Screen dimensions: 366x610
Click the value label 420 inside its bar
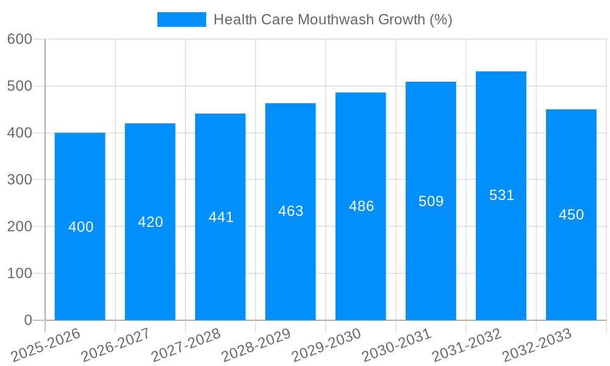[x=150, y=222]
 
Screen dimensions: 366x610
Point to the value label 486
[x=361, y=206]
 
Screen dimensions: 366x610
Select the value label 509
[x=431, y=201]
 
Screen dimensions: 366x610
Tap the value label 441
[x=221, y=217]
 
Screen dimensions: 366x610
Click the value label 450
[x=571, y=215]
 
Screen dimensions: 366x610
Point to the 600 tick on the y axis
[x=20, y=39]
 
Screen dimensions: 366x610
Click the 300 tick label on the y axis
[x=20, y=180]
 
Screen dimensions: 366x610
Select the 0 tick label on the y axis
[x=27, y=320]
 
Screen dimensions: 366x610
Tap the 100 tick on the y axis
[x=20, y=273]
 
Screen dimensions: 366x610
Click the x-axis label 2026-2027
[x=116, y=345]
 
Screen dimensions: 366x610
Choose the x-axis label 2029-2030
[x=326, y=345]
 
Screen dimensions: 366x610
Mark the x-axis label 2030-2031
[x=396, y=345]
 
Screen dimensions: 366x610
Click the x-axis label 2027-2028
[x=186, y=345]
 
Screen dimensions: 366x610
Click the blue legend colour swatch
[x=182, y=20]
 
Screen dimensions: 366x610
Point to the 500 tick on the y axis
[x=20, y=86]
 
